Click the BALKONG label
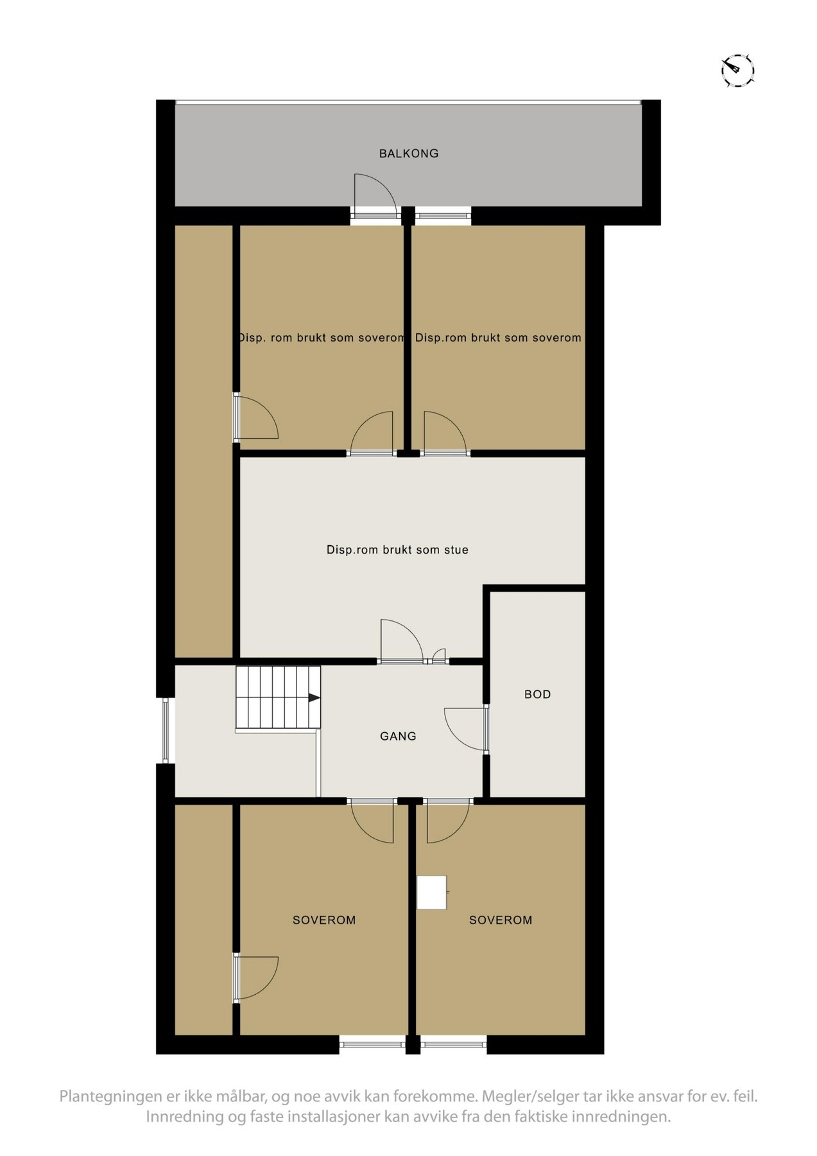coord(409,153)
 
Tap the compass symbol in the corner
coord(737,69)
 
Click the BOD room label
coord(537,694)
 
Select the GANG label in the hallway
coord(398,736)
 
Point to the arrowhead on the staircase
coord(314,697)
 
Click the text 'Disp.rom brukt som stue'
coord(397,550)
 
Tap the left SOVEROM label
coord(324,920)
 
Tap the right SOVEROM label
coord(501,920)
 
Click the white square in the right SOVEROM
coord(432,893)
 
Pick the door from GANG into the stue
coord(400,642)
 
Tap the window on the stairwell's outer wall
coord(166,730)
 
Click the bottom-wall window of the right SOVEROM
coord(454,1044)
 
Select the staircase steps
coord(277,697)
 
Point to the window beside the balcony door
coord(443,215)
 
